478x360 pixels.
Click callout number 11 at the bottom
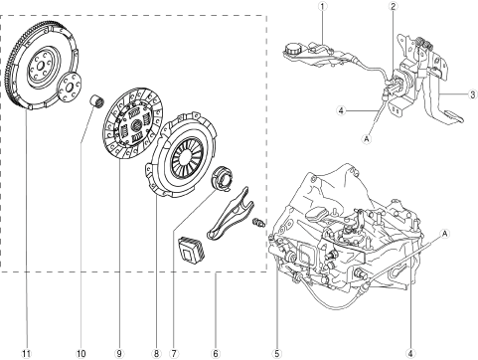click(27, 354)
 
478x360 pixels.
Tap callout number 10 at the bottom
click(81, 354)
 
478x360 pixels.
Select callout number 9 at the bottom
click(119, 354)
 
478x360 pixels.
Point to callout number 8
click(156, 354)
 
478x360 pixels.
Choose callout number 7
click(173, 354)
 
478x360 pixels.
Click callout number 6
click(216, 354)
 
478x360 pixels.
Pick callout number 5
click(277, 354)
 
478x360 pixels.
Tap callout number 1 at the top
click(323, 6)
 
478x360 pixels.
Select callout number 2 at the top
click(394, 6)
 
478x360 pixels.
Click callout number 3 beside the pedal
click(473, 94)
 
